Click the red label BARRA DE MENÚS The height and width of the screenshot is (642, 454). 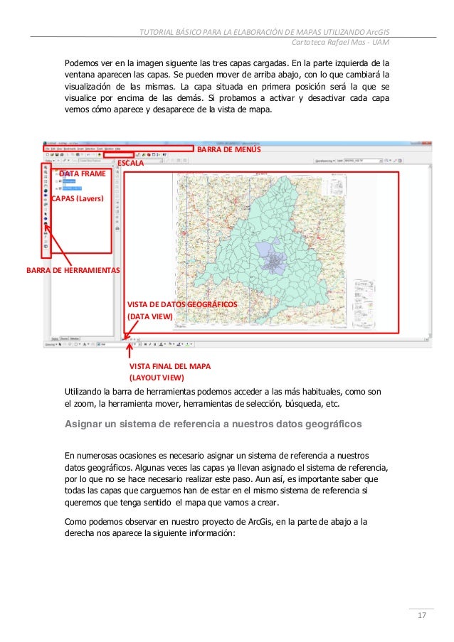(228, 151)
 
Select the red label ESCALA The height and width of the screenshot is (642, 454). (130, 164)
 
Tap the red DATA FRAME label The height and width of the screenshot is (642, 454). (82, 173)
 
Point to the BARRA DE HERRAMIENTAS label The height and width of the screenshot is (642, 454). (73, 271)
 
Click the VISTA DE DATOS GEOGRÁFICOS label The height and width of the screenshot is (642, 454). (181, 304)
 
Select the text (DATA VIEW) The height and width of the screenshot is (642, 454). (149, 316)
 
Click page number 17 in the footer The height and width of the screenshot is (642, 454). (421, 615)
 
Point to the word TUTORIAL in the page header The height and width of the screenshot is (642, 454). (158, 30)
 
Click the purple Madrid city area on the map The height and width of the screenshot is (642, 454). (274, 263)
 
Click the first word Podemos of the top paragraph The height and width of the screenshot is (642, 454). (83, 62)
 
